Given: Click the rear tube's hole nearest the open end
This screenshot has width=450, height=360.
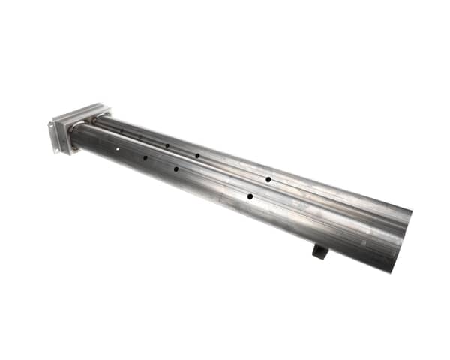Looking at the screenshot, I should pos(268,180).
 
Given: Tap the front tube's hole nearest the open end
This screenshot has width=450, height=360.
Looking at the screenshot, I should pos(250,196).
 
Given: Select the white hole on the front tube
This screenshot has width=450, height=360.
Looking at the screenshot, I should pos(118,149).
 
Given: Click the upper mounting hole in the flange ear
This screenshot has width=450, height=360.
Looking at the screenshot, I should pos(52,127).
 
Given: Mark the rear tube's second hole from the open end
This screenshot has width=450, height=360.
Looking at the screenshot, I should pos(197,156).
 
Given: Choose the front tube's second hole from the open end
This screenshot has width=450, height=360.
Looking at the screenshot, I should pos(176,169).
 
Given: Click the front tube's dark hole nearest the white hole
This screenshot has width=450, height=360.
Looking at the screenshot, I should pos(145,157).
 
